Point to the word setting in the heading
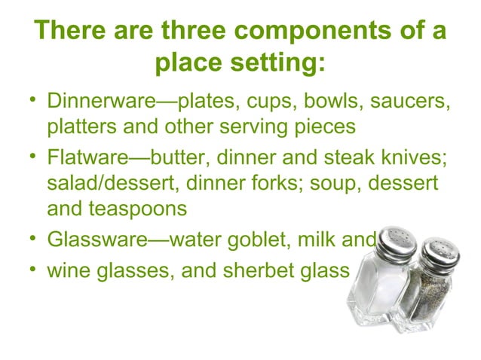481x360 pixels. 276,66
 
